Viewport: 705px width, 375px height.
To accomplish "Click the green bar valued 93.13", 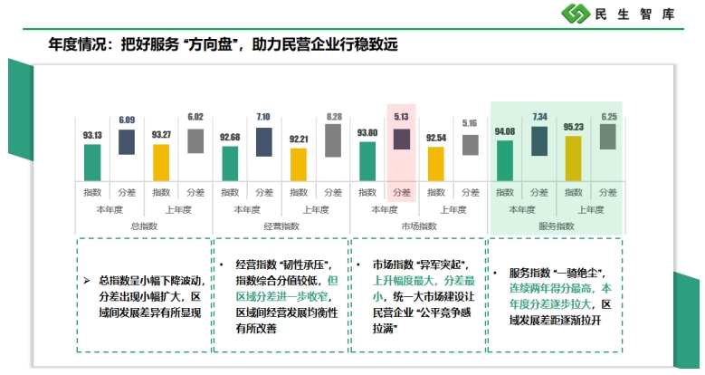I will tap(92, 162).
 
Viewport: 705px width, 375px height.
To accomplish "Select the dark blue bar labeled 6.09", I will tap(126, 142).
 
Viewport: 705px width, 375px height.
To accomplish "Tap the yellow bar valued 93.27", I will tap(161, 162).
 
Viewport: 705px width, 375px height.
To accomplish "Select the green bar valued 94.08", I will tap(504, 160).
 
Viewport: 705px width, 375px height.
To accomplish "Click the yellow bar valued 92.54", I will tap(435, 163).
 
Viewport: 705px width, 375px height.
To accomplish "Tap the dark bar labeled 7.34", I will tap(538, 140).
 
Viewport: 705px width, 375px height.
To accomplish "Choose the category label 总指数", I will tap(144, 226).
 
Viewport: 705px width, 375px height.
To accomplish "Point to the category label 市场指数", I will tap(418, 226).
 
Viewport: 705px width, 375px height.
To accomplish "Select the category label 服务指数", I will tap(556, 226).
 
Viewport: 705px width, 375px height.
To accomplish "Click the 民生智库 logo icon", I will tap(576, 14).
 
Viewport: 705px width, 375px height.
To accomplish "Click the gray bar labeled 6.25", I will tap(607, 137).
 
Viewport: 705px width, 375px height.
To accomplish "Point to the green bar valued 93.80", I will tap(367, 161).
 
